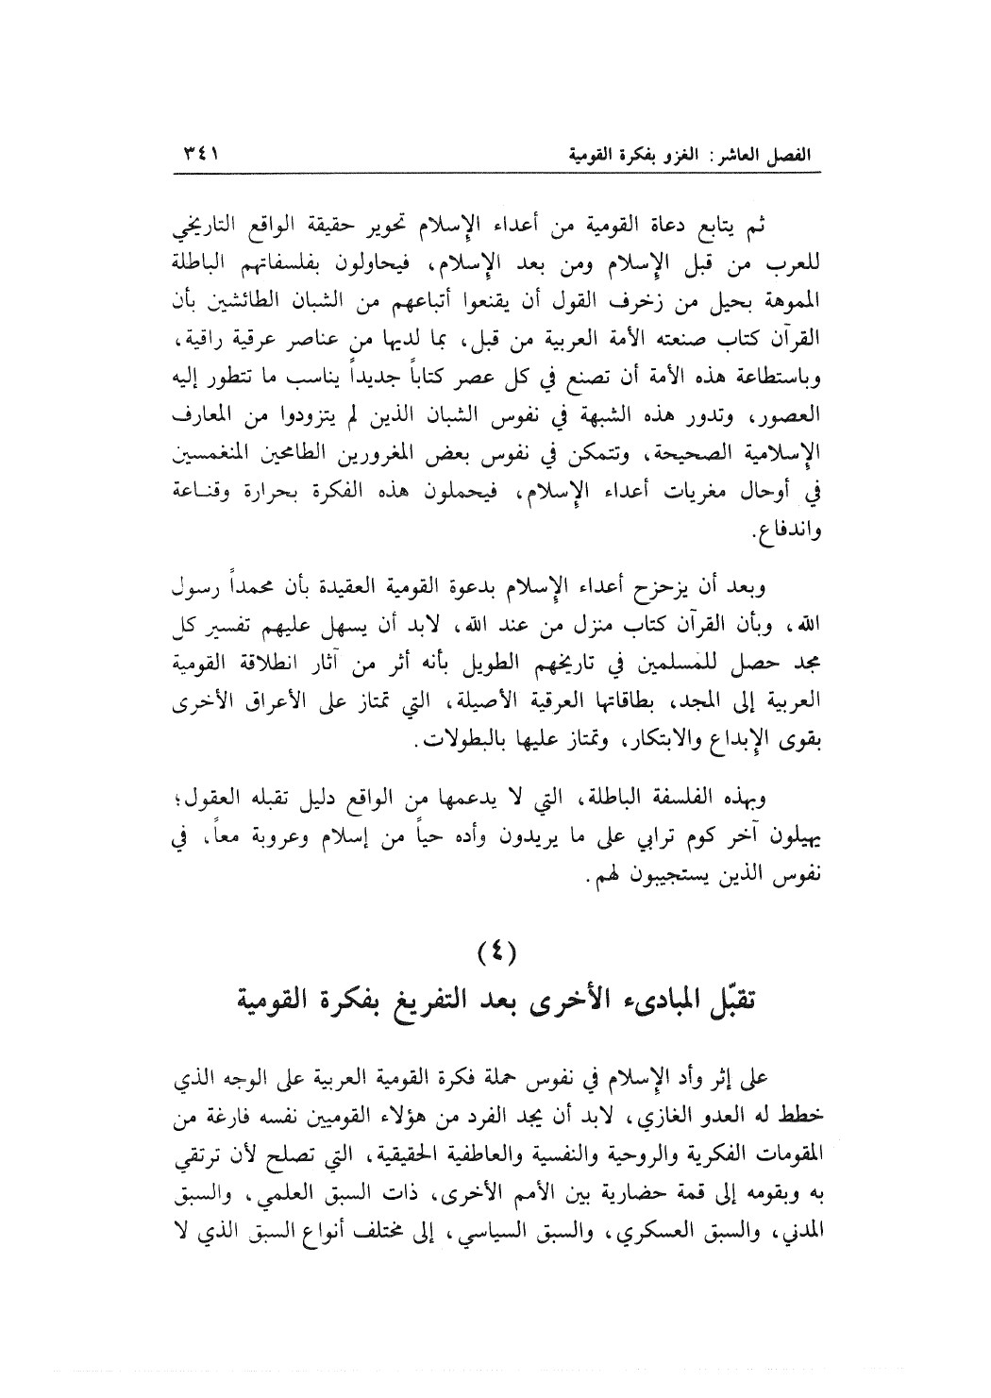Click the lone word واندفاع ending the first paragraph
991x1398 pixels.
click(x=788, y=536)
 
